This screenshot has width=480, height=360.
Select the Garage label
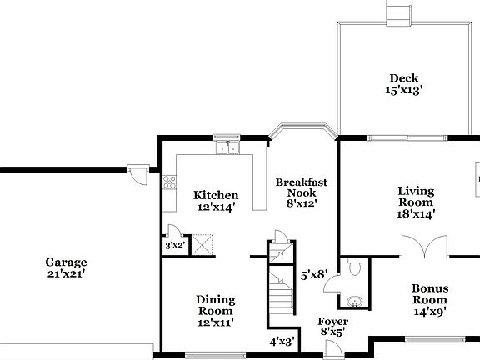coord(66,262)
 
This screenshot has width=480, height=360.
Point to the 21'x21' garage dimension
coord(66,273)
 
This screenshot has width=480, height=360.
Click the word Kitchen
coord(216,195)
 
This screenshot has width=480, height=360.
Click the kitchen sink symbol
coord(226,148)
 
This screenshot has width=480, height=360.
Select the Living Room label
coord(415,196)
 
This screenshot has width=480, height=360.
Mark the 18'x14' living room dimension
coord(415,213)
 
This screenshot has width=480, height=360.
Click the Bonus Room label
coord(430,294)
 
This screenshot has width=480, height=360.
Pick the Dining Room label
coord(215,305)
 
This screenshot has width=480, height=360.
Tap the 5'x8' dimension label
coord(314,272)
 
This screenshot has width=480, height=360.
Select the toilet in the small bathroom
coord(354,267)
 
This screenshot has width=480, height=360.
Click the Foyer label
coord(333,322)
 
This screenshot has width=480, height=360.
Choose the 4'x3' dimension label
coord(282,341)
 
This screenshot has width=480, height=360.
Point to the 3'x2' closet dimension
coord(174,245)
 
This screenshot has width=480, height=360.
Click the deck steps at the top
coord(399,12)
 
